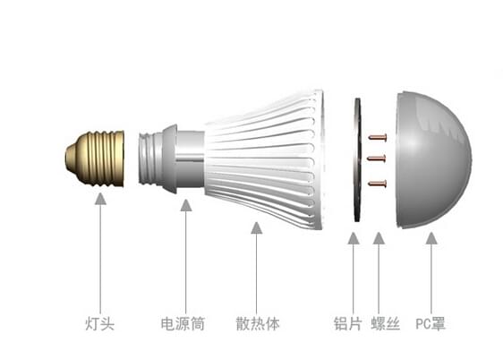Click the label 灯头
tap(99, 323)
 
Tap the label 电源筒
tap(183, 323)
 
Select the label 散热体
tap(258, 323)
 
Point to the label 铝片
tap(348, 323)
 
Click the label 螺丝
tap(386, 323)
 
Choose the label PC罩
tap(431, 323)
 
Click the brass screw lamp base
tap(95, 159)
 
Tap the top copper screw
tap(378, 138)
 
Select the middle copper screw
tap(376, 159)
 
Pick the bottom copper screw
tap(378, 184)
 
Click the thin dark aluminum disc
tap(357, 159)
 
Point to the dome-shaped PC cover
tap(433, 159)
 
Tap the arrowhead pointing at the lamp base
tap(101, 199)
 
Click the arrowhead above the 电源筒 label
tap(186, 205)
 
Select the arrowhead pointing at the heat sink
tap(257, 227)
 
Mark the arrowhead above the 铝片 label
tap(354, 238)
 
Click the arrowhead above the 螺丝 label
tap(379, 238)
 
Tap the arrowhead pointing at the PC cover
tap(431, 238)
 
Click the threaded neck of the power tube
tap(150, 159)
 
